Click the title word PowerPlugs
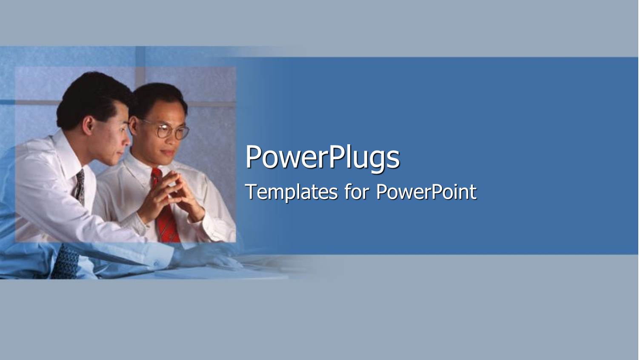[322, 157]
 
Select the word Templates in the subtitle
[291, 192]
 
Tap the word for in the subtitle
[356, 192]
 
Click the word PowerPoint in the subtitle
[426, 192]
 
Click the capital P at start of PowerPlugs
[254, 157]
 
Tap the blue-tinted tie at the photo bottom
[66, 262]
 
